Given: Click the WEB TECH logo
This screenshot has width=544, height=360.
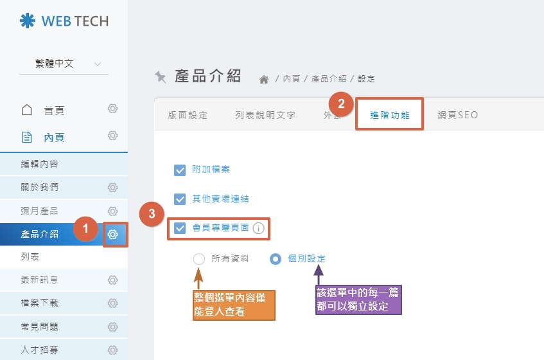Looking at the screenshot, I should tap(64, 21).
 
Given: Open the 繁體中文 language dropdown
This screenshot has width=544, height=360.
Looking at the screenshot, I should tap(64, 64).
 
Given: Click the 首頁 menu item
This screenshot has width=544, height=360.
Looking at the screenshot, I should tap(54, 111).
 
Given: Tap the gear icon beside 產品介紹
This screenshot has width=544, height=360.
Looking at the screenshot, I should tap(113, 235).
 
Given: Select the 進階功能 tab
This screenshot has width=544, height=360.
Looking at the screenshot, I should tap(390, 115).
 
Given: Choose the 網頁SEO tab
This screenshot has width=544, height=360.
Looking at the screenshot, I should tap(458, 115).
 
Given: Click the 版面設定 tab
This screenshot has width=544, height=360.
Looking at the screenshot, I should tap(188, 115).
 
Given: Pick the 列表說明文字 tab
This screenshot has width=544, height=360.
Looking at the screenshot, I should tap(265, 115).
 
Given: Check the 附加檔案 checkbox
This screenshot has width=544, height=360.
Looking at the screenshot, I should tap(180, 170).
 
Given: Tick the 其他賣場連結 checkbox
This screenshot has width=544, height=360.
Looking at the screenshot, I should tap(180, 199).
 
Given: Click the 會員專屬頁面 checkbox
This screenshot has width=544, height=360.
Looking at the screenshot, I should tap(180, 228).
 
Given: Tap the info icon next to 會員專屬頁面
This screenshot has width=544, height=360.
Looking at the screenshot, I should tap(258, 228).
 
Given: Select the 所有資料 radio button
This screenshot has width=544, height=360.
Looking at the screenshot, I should tap(199, 259).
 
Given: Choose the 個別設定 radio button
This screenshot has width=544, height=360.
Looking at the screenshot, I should tap(276, 259).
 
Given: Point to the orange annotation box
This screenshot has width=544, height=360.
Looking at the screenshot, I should tap(234, 305).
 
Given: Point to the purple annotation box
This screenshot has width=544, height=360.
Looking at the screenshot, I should tap(358, 300).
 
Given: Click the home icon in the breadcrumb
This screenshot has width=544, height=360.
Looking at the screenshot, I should tap(263, 79).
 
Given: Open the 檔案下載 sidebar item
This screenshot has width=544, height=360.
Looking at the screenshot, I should tap(39, 303).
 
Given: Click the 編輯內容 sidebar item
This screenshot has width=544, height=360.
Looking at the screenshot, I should tap(39, 164).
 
